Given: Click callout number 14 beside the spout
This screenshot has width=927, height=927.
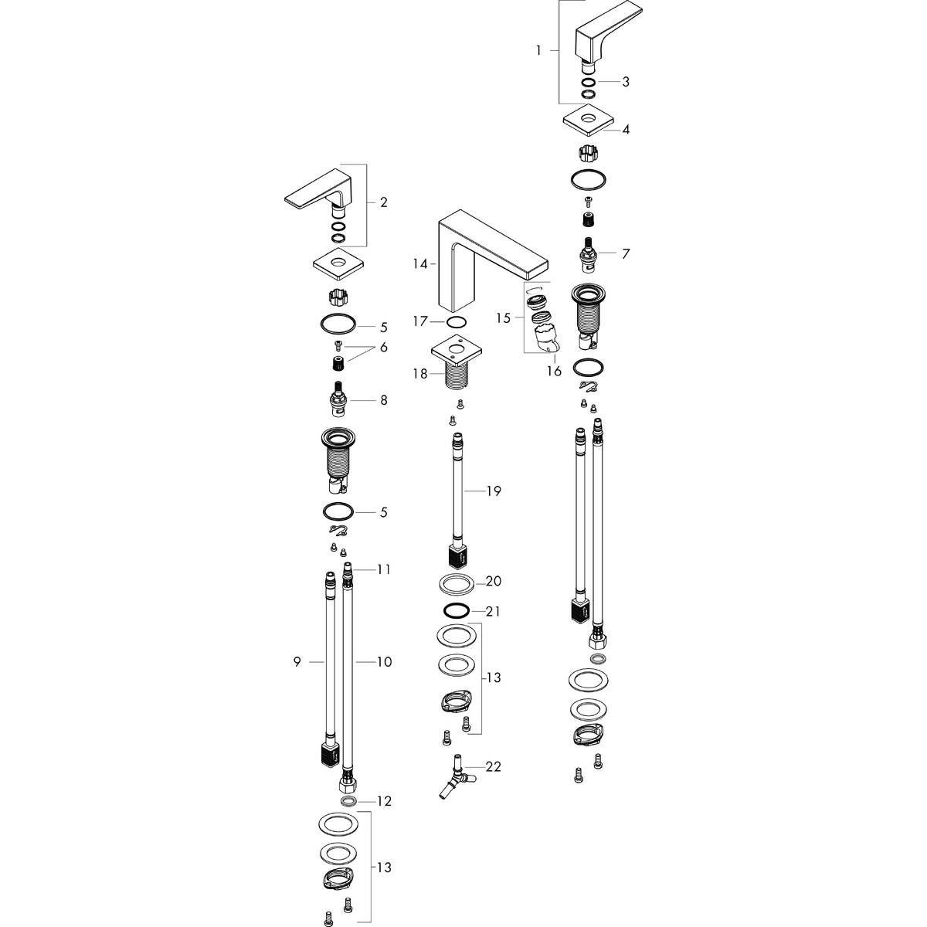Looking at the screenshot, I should (x=419, y=264).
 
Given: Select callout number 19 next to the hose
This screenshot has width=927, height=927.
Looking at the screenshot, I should (x=494, y=491).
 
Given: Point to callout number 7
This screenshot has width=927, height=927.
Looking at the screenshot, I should (x=626, y=253).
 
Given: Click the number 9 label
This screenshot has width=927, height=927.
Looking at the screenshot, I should (x=297, y=662).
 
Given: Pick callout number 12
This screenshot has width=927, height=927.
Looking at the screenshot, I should (x=384, y=801).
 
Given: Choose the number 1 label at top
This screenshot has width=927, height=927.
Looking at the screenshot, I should (x=538, y=50).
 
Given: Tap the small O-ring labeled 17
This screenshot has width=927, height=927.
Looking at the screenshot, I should (x=457, y=321).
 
